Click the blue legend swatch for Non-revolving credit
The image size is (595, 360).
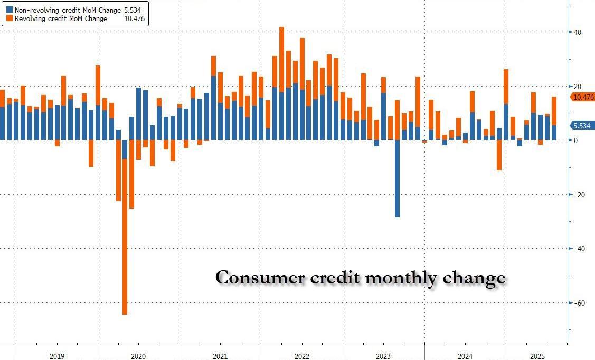(x=9, y=10)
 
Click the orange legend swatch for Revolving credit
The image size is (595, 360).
(x=9, y=18)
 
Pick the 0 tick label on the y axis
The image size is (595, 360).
(x=576, y=140)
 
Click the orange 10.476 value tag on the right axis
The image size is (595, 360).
(x=582, y=97)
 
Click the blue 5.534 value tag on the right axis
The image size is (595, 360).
(x=582, y=125)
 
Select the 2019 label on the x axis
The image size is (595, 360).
(x=57, y=356)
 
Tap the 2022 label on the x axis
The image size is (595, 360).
(x=301, y=356)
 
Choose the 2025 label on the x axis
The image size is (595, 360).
(x=537, y=356)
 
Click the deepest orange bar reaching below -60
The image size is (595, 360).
(x=125, y=238)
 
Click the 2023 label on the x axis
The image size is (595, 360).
(x=383, y=356)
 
